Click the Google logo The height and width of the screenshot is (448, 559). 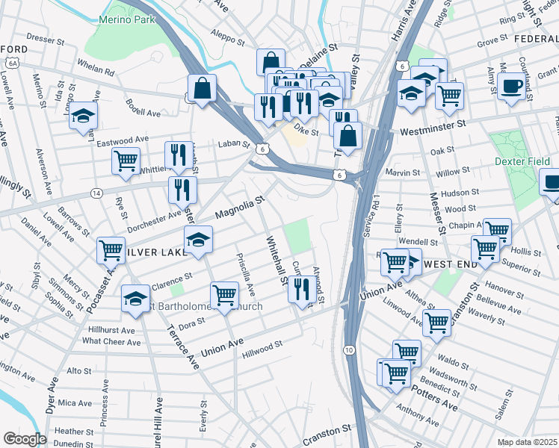24,439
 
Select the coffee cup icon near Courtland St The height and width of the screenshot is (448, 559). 512,86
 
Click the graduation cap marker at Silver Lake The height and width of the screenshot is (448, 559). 197,240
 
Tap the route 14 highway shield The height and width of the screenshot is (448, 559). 96,193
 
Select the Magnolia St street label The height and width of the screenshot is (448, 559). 240,208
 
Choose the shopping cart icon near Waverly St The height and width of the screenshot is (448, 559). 436,323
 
